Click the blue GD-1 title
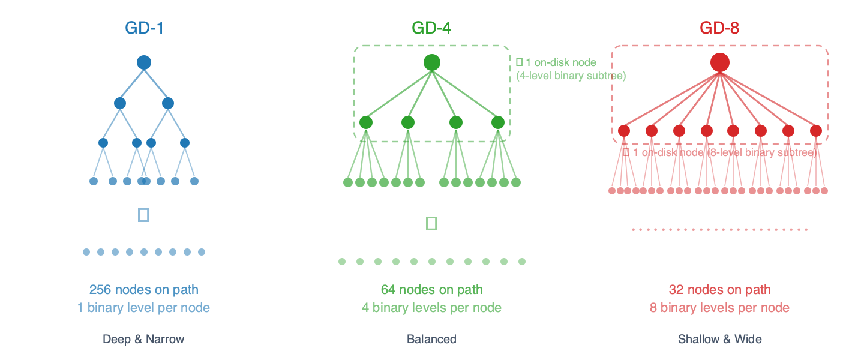point(144,28)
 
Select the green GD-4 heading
point(431,28)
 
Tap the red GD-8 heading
point(719,28)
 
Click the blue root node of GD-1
point(144,62)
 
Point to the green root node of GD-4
point(431,62)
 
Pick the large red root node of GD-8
point(719,62)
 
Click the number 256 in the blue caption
point(100,290)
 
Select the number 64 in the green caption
point(389,290)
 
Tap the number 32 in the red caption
point(676,290)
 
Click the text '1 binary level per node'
point(144,308)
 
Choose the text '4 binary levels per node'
point(431,308)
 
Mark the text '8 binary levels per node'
point(719,308)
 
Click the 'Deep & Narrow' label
point(144,339)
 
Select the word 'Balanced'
point(431,339)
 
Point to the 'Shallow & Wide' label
point(719,339)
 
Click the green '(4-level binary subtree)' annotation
point(571,76)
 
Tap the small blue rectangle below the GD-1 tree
point(143,215)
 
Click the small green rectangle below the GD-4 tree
point(431,223)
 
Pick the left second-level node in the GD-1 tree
point(120,103)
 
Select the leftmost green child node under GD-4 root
point(366,122)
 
